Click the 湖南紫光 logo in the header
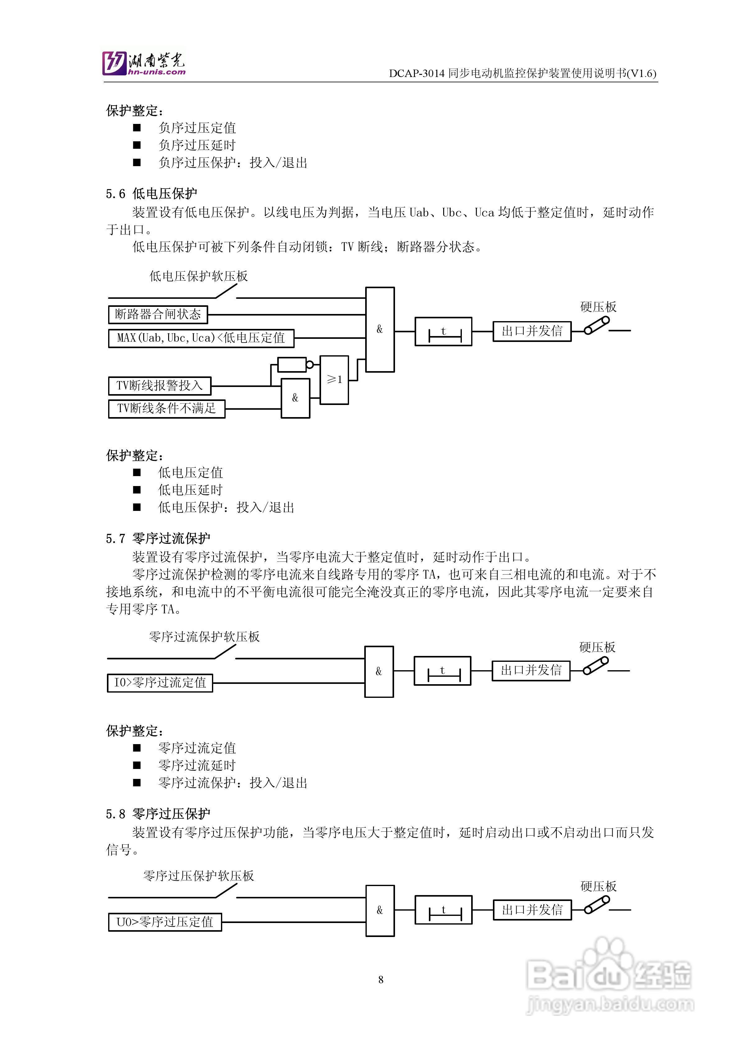(143, 63)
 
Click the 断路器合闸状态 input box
(158, 314)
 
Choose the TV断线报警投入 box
(159, 385)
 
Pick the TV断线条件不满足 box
(166, 408)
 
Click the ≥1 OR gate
(334, 380)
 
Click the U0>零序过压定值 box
(165, 922)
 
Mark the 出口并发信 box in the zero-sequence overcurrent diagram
(531, 670)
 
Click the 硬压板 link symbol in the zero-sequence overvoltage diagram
(597, 905)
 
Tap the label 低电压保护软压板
(198, 276)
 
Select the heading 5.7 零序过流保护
(158, 539)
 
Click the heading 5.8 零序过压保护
(158, 814)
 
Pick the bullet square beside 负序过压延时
(137, 145)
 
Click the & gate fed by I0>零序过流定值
(379, 671)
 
